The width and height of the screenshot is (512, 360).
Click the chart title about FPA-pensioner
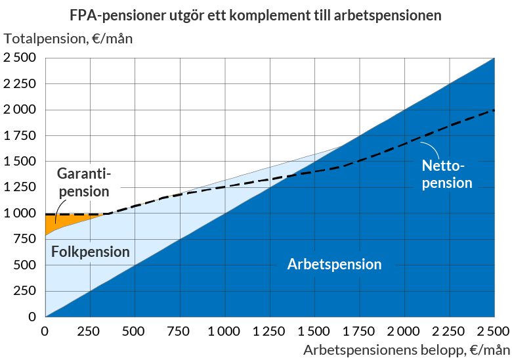click(x=255, y=14)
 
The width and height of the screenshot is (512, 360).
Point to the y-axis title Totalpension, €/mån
click(x=68, y=38)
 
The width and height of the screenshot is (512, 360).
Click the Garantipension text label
click(x=83, y=183)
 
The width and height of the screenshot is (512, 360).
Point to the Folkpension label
click(x=90, y=252)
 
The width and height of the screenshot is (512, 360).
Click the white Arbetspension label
click(x=335, y=265)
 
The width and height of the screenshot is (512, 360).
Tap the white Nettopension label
click(x=446, y=174)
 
